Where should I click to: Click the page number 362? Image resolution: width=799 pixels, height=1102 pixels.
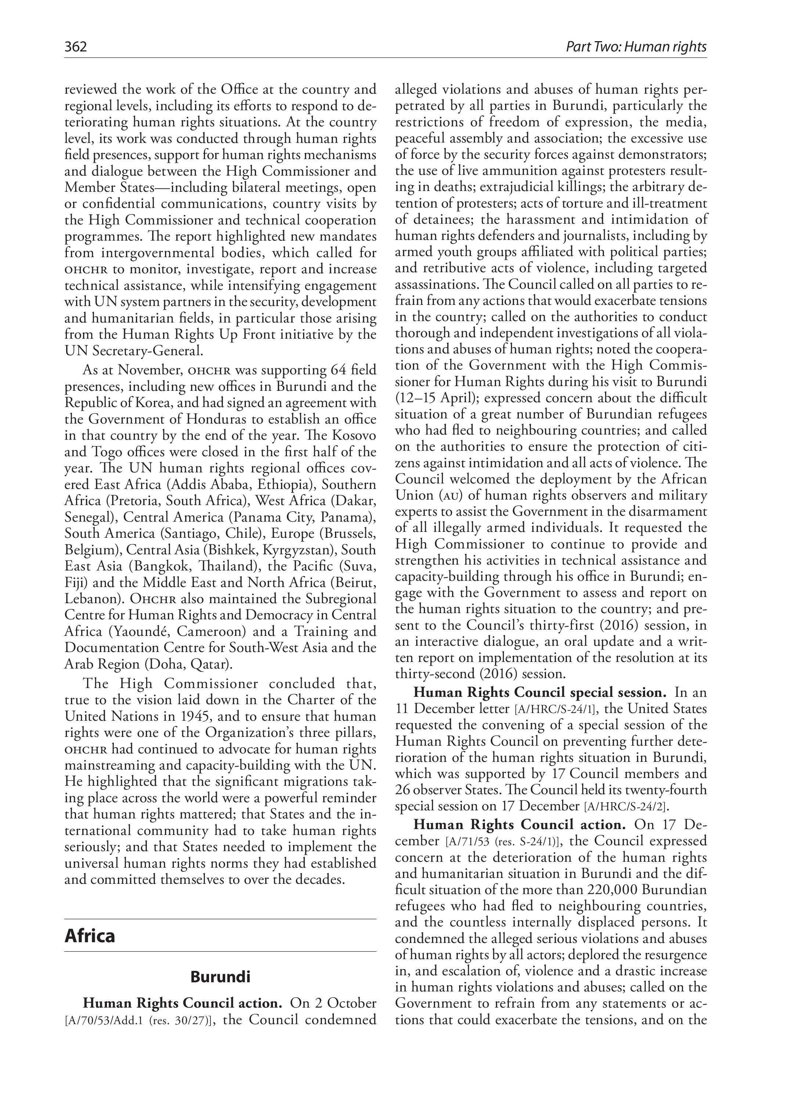click(75, 47)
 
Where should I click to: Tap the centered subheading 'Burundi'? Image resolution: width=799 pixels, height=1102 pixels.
click(220, 977)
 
